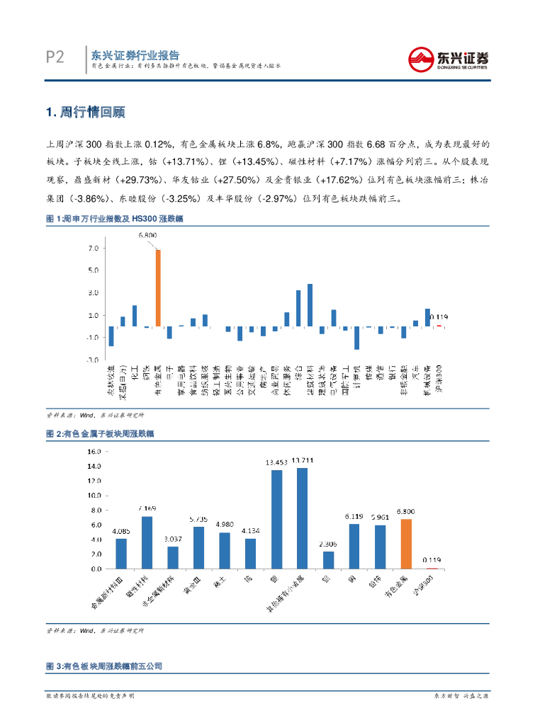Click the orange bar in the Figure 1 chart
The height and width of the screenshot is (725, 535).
[x=159, y=288]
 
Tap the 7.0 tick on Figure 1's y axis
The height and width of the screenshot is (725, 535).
[x=92, y=249]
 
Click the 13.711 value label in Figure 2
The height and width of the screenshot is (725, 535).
[x=302, y=461]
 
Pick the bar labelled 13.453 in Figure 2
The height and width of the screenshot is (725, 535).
[x=276, y=520]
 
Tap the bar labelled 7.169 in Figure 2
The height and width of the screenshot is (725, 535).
[x=147, y=542]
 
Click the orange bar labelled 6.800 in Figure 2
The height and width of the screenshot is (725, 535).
[x=406, y=544]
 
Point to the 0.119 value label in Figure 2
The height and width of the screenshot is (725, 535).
[x=432, y=560]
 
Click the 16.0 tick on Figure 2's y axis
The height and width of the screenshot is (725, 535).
[x=92, y=454]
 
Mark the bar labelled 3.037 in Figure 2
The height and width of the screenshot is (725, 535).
[x=173, y=557]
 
